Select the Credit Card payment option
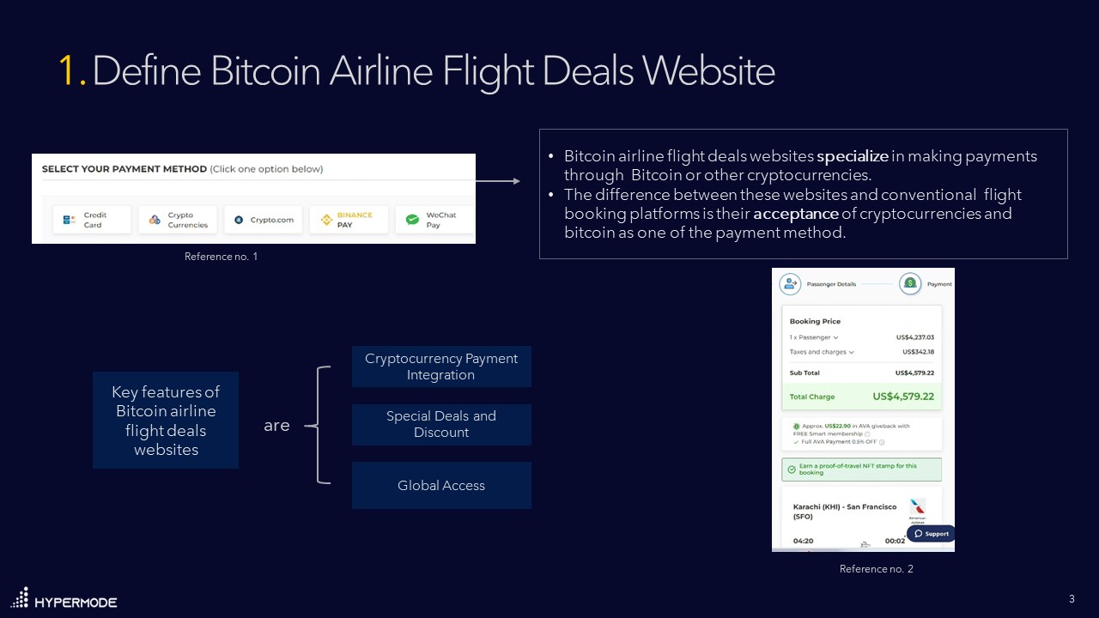click(x=92, y=220)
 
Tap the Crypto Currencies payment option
click(x=178, y=220)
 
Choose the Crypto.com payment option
click(x=264, y=220)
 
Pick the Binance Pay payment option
click(x=349, y=220)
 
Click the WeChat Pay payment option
click(x=433, y=220)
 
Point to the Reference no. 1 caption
click(x=221, y=257)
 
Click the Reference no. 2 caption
click(x=876, y=569)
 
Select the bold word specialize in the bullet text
click(x=852, y=156)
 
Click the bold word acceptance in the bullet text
click(x=795, y=213)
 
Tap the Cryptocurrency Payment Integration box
click(x=441, y=367)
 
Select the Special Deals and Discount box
click(x=441, y=424)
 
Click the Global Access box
click(x=441, y=486)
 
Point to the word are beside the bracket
click(x=276, y=426)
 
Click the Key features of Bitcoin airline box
click(x=166, y=421)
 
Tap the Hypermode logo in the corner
click(x=64, y=599)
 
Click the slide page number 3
click(x=1072, y=598)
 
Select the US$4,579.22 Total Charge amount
click(x=902, y=397)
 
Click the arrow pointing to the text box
click(x=498, y=181)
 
